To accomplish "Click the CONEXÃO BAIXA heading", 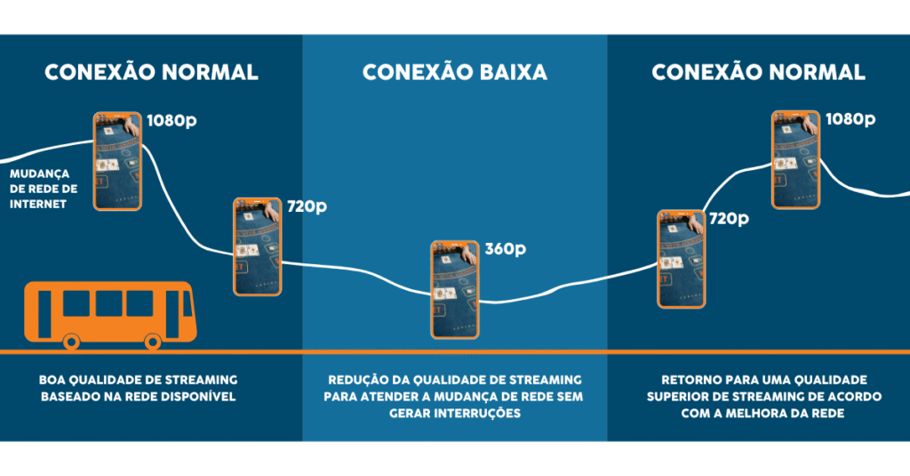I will pyautogui.click(x=454, y=72).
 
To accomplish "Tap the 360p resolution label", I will pyautogui.click(x=506, y=248).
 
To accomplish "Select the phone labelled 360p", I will pyautogui.click(x=456, y=289).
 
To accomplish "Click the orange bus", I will pyautogui.click(x=108, y=313).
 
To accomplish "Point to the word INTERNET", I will pyautogui.click(x=38, y=204).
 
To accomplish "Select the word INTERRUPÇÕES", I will pyautogui.click(x=484, y=413).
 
